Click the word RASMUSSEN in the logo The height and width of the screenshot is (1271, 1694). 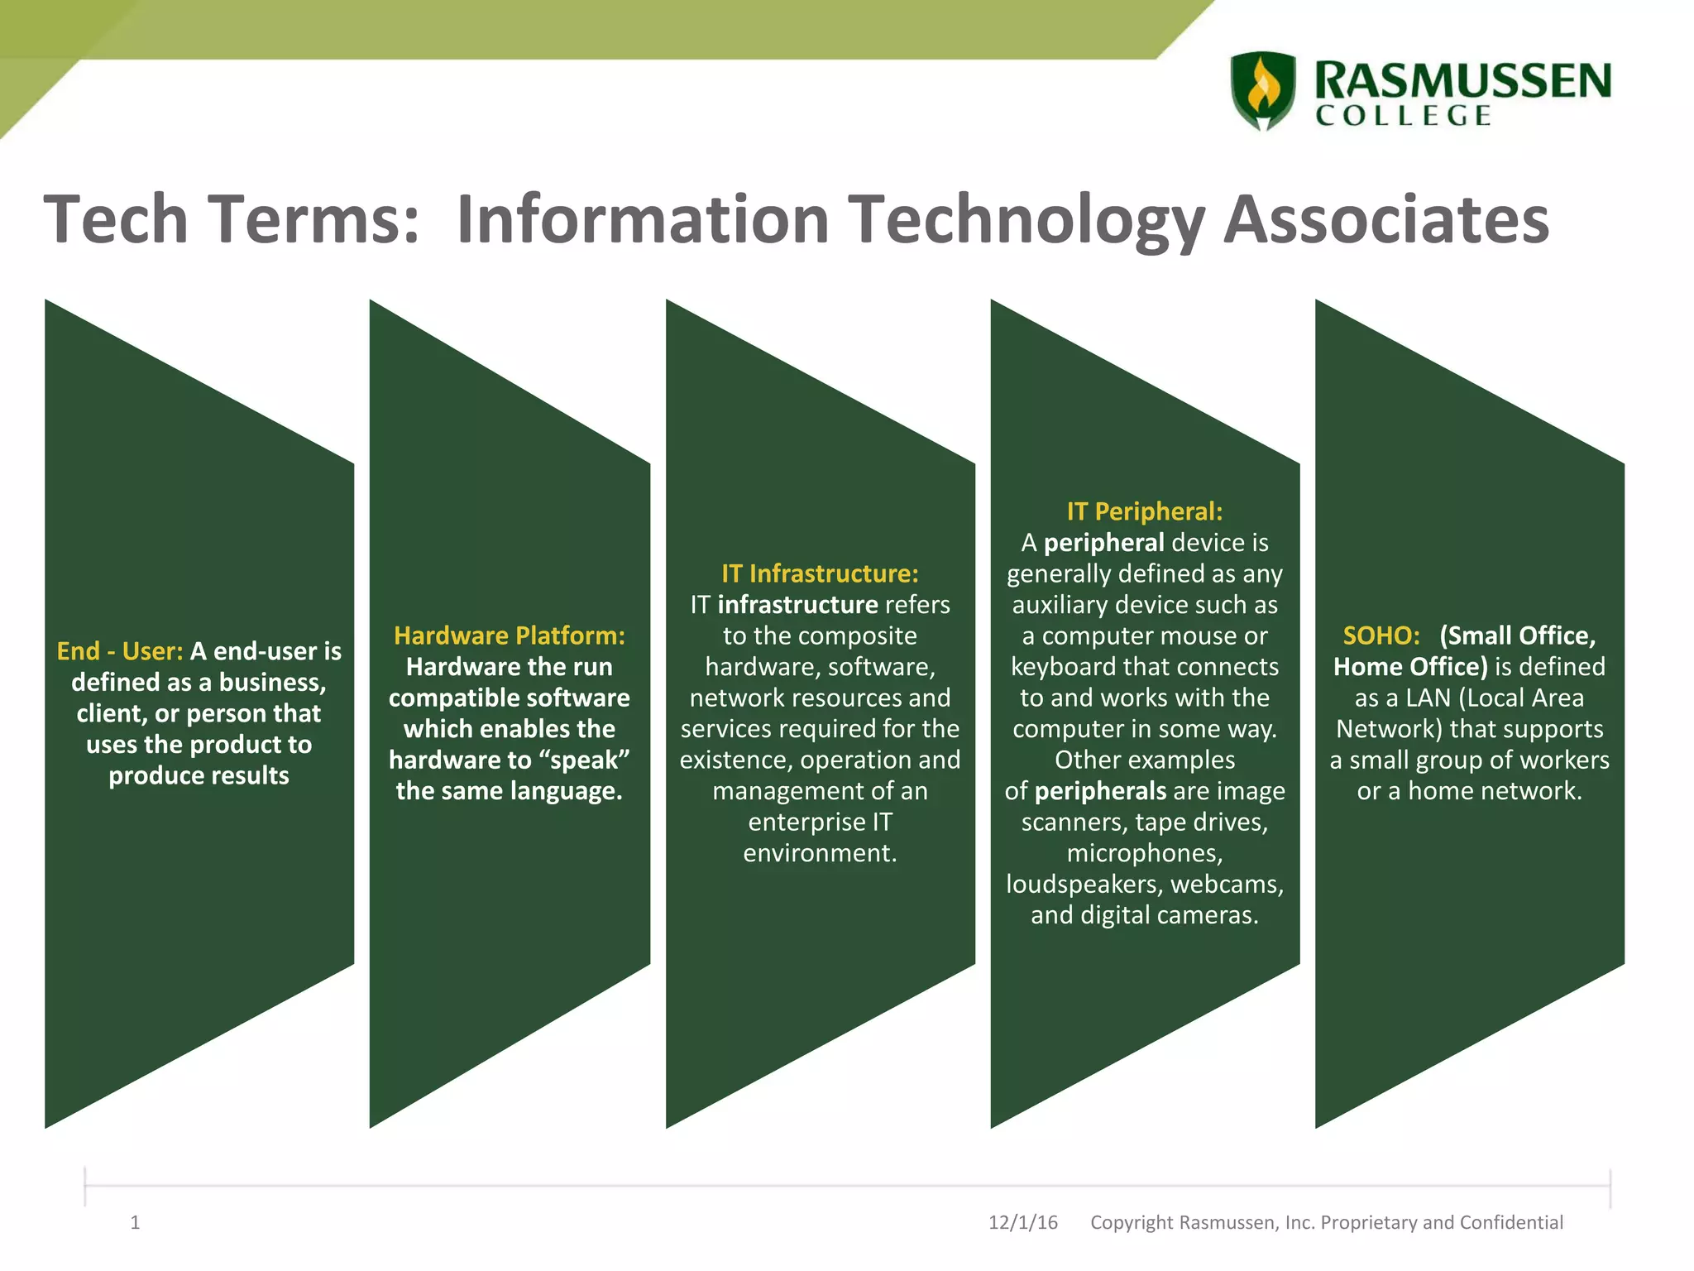(x=1462, y=80)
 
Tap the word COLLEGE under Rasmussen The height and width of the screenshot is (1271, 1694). (x=1404, y=116)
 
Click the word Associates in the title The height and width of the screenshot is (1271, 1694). (x=1385, y=219)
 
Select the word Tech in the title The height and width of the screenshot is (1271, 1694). (x=115, y=219)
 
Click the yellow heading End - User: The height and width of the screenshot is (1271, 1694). (x=119, y=651)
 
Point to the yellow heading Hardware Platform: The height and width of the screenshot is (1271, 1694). (x=510, y=635)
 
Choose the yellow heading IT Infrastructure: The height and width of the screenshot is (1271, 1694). (x=820, y=573)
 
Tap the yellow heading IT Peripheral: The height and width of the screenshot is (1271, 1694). (x=1144, y=511)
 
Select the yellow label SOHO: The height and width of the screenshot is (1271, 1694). (x=1381, y=635)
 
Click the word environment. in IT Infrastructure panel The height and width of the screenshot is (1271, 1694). (x=820, y=853)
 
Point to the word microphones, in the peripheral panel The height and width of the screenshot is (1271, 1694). (x=1144, y=853)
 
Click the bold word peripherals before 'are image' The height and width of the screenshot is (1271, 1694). (x=1099, y=791)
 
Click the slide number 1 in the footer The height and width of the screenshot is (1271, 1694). (x=135, y=1222)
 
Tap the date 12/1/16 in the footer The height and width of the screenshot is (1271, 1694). (x=1022, y=1222)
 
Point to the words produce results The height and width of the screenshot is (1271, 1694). (x=199, y=775)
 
